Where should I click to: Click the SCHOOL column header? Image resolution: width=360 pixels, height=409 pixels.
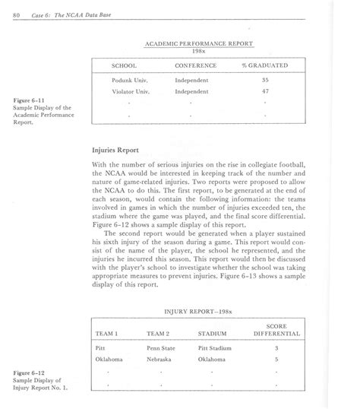pos(125,65)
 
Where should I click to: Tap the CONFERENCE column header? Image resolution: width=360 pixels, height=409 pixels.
pos(196,65)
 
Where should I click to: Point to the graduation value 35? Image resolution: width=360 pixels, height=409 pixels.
pos(265,79)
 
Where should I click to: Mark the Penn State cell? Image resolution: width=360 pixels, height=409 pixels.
pos(163,347)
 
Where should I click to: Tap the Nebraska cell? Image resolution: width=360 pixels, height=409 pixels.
pos(159,360)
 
